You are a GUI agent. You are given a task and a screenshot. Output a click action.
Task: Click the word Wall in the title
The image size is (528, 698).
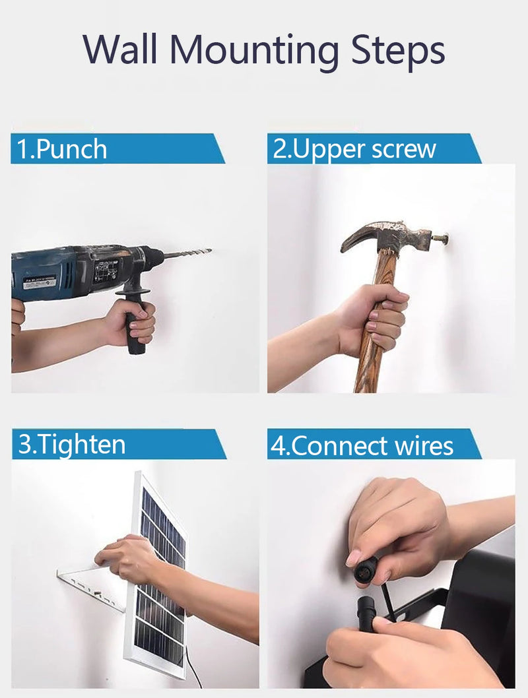coord(120,49)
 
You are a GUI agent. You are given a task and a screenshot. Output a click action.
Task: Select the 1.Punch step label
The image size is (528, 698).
coord(62,148)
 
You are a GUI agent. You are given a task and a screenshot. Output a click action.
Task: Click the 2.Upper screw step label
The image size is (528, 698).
coord(354,148)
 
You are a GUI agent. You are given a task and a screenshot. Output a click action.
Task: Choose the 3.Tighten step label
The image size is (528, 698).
coord(72,444)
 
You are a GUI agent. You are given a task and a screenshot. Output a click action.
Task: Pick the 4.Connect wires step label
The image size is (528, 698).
coord(362,445)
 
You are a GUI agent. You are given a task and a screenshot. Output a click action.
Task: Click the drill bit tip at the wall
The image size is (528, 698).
coord(210,251)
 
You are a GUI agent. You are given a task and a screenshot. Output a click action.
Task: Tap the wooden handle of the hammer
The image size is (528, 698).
coord(378,321)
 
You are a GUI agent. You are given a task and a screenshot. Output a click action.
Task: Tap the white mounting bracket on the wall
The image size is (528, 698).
coord(90,587)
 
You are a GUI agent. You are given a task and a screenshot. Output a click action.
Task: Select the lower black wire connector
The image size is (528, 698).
coord(366,612)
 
